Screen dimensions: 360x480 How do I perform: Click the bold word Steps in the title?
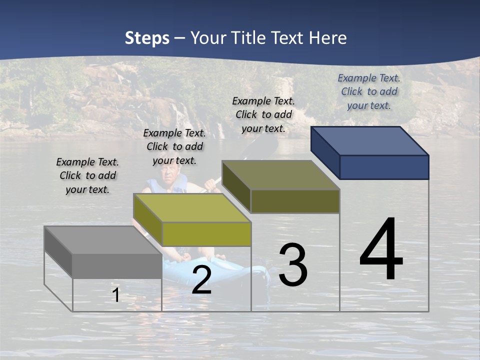[147, 38]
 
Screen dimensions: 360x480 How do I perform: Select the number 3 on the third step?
[293, 265]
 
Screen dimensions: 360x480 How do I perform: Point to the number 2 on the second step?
[201, 280]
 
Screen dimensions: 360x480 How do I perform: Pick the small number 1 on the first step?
[116, 295]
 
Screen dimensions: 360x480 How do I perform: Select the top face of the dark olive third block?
[280, 175]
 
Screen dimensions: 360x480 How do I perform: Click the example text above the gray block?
[87, 175]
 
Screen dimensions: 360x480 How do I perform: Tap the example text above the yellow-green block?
[174, 146]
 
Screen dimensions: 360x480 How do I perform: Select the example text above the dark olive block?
[263, 114]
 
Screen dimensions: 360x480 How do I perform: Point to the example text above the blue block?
[369, 91]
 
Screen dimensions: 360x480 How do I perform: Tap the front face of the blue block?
[384, 167]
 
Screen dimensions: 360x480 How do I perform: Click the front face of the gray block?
[117, 265]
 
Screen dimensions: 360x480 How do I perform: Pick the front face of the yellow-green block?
[206, 234]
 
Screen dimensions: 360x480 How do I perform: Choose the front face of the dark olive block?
[295, 201]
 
